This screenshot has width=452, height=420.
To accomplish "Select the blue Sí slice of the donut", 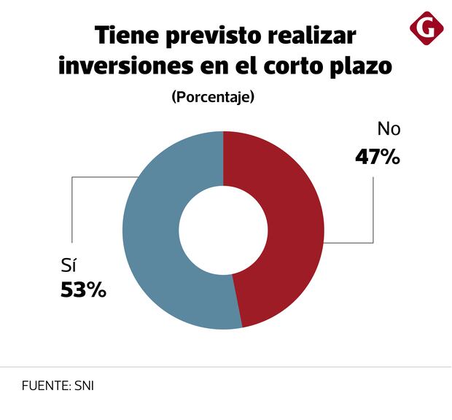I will [x=153, y=233].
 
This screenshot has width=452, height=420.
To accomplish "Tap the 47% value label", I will [x=378, y=157].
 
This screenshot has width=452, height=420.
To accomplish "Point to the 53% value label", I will [x=82, y=289].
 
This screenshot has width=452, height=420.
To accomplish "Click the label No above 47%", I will [x=389, y=130].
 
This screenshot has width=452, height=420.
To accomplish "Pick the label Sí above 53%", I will [x=68, y=263].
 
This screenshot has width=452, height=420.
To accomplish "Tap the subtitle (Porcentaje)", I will [x=213, y=97].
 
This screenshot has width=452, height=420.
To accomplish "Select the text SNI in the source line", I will [x=84, y=385].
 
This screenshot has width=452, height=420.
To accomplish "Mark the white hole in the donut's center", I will [x=223, y=230].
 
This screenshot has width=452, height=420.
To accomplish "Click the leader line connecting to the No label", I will [x=373, y=211].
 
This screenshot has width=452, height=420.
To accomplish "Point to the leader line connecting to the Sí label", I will [x=71, y=211].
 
